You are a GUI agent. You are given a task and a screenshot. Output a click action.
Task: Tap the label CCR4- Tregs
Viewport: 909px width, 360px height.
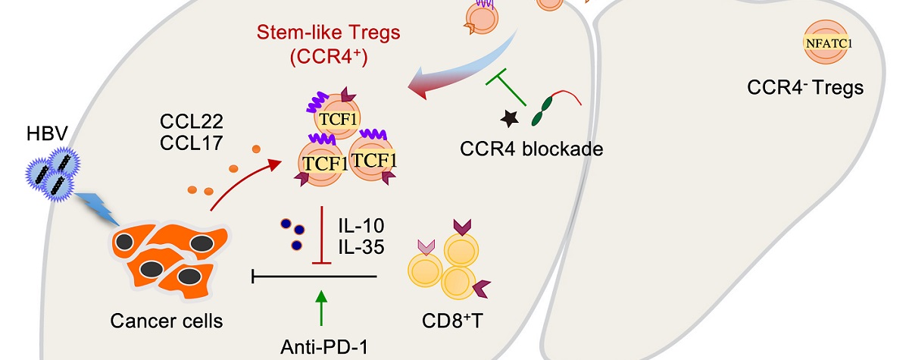[x=804, y=88]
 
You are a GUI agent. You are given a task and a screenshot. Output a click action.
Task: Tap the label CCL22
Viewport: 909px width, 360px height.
[x=186, y=121]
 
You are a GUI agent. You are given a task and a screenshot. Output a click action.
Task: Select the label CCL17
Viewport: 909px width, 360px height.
[x=186, y=142]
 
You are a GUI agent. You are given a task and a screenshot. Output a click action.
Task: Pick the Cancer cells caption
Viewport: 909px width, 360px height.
[x=166, y=321]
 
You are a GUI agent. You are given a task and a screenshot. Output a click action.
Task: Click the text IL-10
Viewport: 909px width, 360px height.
[x=362, y=226]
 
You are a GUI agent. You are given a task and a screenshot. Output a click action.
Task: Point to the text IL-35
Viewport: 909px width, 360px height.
[x=362, y=246]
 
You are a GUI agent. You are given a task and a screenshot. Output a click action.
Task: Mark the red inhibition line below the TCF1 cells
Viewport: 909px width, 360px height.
[x=323, y=236]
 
